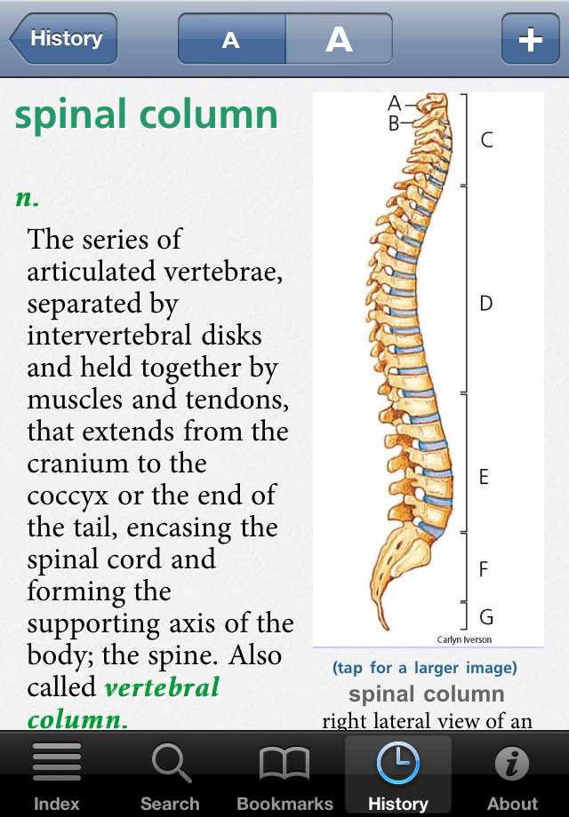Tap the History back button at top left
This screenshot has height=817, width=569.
coord(64,38)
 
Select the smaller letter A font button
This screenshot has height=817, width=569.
coord(231,38)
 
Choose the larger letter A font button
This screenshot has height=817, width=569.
coord(339,38)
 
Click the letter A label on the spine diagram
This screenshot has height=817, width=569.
coord(394,104)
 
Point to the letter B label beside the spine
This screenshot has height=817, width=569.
coord(394,123)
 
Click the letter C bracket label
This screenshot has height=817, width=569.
coord(486,139)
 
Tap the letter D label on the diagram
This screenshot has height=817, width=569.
coord(485,303)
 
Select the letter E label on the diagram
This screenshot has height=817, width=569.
coord(484,477)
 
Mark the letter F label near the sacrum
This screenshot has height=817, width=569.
coord(484,568)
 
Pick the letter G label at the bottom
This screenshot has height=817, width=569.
coord(486,617)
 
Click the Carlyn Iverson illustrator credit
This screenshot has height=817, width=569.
coord(464,639)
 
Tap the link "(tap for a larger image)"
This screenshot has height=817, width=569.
coord(425,668)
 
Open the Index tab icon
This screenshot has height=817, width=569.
coord(57,761)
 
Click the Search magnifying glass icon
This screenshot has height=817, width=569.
coord(171,763)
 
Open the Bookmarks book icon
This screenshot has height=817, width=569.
coord(284,764)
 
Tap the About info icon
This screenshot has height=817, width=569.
coord(512,764)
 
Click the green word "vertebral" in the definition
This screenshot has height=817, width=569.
coord(162,686)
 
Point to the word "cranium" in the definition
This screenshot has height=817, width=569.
coord(116,464)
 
